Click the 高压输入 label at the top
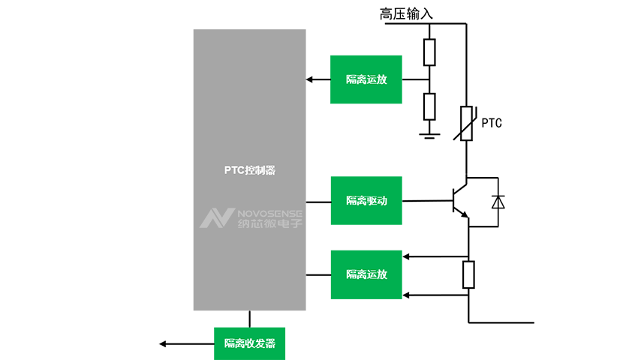pos(406,13)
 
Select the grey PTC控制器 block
pos(249,135)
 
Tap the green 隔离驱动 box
pos(366,200)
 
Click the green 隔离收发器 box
pos(250,343)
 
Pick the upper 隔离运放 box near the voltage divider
pos(366,79)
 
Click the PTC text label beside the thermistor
pos(492,122)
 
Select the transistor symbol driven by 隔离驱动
pos(459,201)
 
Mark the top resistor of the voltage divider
pos(429,52)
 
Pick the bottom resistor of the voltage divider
pos(429,106)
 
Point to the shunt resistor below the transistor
pos(468,274)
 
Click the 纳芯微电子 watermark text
pos(269,223)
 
